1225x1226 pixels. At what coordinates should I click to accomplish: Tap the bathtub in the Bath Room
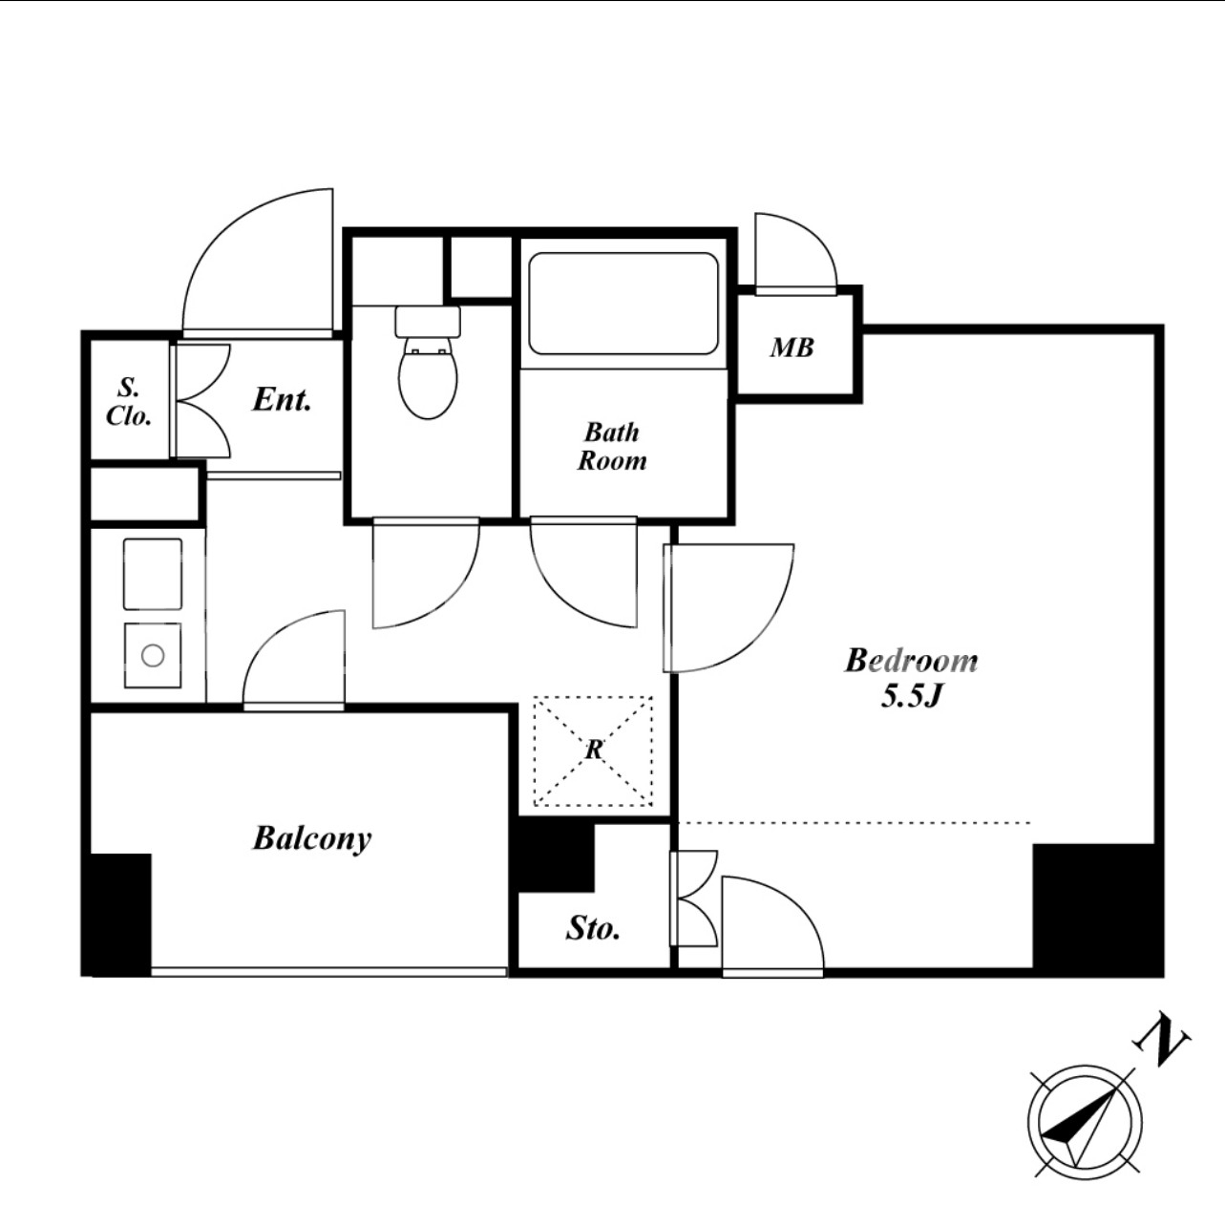[x=623, y=304]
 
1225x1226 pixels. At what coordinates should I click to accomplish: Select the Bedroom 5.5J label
[x=911, y=678]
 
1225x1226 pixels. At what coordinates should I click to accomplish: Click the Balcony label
[x=312, y=838]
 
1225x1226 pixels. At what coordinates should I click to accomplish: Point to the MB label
[x=792, y=348]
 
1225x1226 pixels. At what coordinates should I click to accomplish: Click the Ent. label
[x=282, y=399]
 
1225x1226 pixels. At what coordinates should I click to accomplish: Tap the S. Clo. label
[x=129, y=401]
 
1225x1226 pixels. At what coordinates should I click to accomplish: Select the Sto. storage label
[x=593, y=928]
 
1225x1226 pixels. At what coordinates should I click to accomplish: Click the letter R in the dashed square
[x=593, y=750]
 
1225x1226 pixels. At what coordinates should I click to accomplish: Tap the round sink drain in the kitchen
[x=153, y=655]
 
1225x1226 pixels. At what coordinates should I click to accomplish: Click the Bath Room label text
[x=612, y=447]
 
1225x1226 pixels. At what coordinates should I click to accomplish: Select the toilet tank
[x=428, y=322]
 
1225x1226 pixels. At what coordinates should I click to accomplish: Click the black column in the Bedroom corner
[x=1097, y=910]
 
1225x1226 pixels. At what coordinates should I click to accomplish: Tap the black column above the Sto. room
[x=555, y=855]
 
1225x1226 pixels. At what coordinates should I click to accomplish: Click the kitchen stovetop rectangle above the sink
[x=153, y=574]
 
